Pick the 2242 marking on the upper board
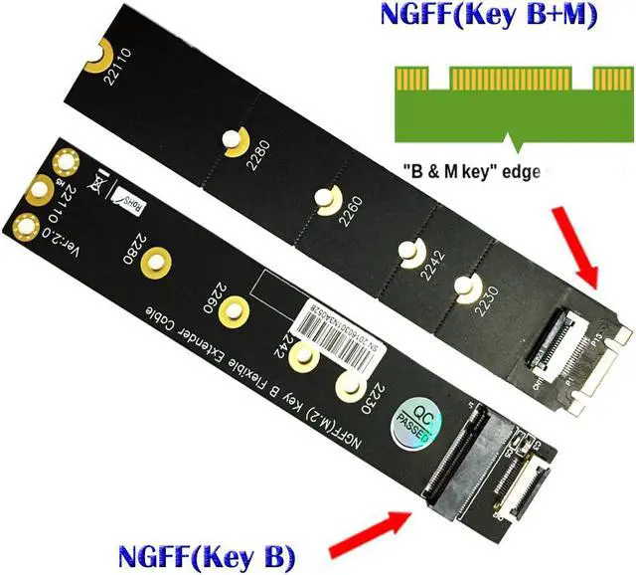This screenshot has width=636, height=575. pos(433,266)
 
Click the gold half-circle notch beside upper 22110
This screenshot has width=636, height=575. pos(99,61)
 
